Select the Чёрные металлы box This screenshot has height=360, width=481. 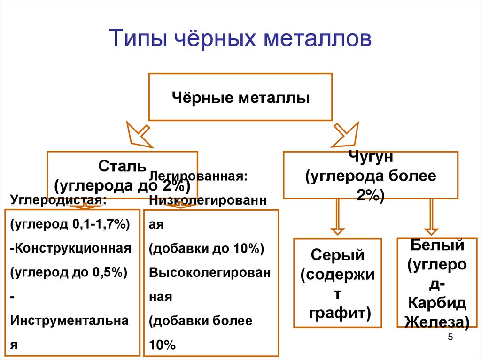coord(240,97)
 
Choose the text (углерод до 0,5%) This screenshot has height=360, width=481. coord(68,272)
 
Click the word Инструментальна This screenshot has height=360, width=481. coord(69,321)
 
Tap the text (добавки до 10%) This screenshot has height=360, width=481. coord(206,249)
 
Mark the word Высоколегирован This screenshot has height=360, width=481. coord(209,273)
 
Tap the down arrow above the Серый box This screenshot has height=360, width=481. coord(337,216)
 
